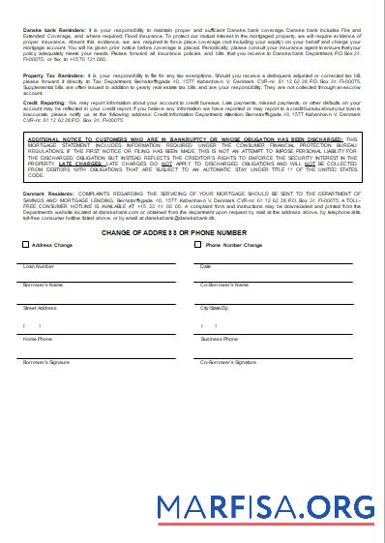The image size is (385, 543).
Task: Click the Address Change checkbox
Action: (x=26, y=246)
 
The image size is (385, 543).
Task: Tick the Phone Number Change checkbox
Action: (x=199, y=246)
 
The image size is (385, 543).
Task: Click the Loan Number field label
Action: (x=39, y=265)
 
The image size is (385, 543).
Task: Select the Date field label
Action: (x=205, y=265)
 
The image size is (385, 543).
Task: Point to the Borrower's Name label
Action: (x=43, y=286)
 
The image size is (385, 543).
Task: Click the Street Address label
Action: (x=41, y=307)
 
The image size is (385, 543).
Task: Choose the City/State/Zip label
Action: (x=215, y=307)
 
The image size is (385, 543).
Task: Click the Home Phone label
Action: (x=38, y=340)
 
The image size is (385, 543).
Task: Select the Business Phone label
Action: (x=219, y=340)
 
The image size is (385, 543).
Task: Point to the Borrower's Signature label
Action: (x=45, y=361)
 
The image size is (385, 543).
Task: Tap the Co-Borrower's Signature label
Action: (x=228, y=361)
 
